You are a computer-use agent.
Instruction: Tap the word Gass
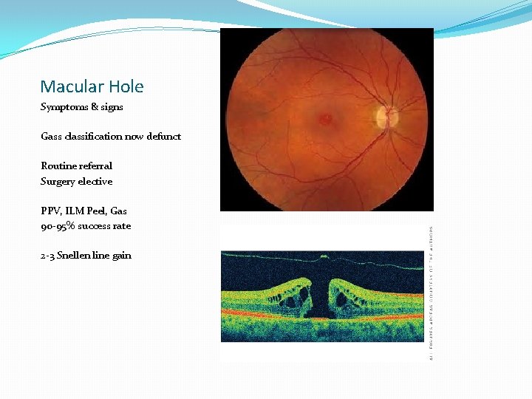coord(50,137)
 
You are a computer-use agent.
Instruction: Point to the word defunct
coord(163,137)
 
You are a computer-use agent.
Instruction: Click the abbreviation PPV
coord(50,211)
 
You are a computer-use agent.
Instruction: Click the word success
coord(95,226)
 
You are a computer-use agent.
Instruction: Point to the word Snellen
coord(79,256)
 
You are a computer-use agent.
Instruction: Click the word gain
coord(122,256)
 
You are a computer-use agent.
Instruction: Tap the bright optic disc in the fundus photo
coord(386,117)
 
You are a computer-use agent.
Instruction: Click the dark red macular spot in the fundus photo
coord(325,118)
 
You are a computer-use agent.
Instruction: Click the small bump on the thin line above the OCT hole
coord(323,257)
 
